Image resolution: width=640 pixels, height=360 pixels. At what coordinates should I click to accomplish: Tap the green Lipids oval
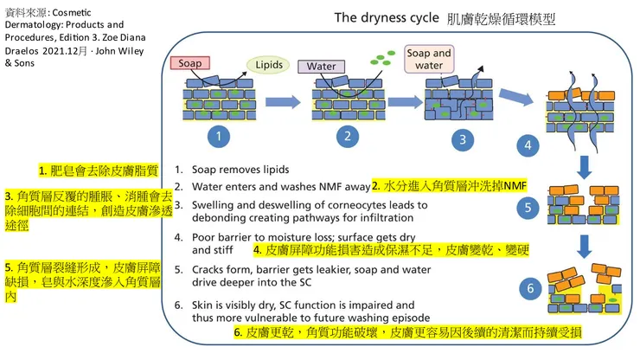(x=268, y=65)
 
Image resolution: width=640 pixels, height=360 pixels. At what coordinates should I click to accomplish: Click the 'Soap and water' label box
(x=429, y=59)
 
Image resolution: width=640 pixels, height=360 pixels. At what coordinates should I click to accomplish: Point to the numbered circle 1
(x=220, y=135)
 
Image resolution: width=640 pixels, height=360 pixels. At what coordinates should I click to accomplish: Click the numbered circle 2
(x=347, y=135)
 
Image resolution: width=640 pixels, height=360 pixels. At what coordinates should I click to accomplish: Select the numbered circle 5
(x=529, y=208)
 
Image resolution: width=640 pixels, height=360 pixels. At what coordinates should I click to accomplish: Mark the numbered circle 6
(x=529, y=287)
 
